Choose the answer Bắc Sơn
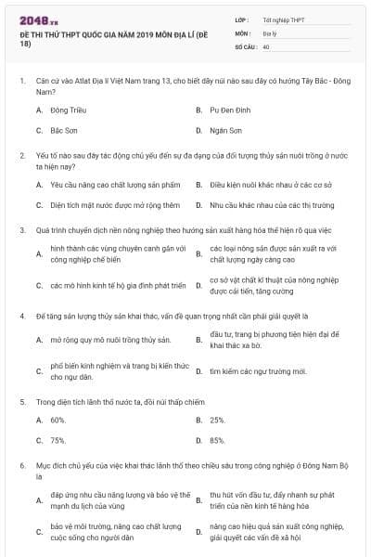[x=64, y=131]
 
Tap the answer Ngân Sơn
[x=225, y=131]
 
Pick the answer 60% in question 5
[x=58, y=420]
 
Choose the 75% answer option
[x=58, y=440]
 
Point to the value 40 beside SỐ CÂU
[x=266, y=45]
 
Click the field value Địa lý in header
[x=269, y=32]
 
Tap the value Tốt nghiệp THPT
[x=282, y=19]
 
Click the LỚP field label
[x=242, y=19]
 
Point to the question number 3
[x=21, y=228]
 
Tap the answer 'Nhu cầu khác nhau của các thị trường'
[x=271, y=205]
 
